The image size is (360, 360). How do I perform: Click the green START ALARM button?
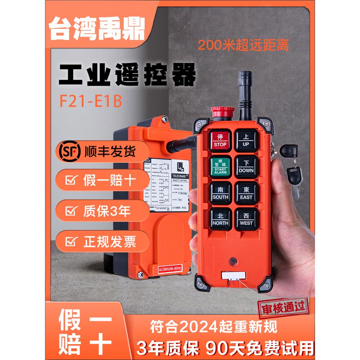220,167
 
